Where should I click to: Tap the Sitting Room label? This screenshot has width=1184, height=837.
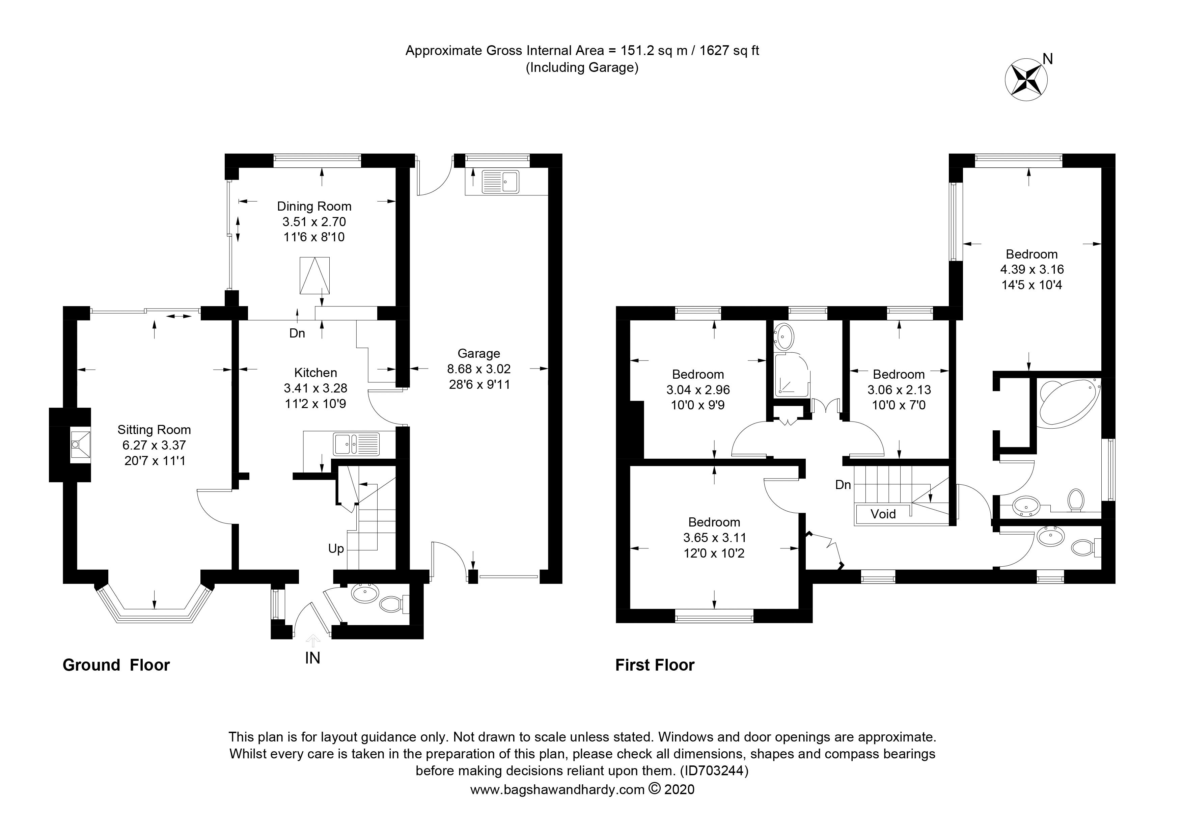click(154, 430)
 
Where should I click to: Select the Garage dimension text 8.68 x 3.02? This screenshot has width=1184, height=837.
click(479, 369)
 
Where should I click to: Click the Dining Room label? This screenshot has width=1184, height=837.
click(314, 206)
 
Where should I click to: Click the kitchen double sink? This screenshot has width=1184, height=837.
click(356, 444)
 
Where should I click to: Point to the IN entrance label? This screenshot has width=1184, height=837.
click(312, 658)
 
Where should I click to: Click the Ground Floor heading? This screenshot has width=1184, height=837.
click(116, 665)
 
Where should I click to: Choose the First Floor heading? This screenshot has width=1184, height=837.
click(655, 665)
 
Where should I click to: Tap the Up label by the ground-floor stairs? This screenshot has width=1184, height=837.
click(336, 549)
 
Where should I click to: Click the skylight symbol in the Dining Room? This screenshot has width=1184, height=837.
click(314, 276)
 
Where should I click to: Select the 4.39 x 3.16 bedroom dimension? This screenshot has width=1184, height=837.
click(1032, 269)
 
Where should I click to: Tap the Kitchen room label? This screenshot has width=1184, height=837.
click(315, 372)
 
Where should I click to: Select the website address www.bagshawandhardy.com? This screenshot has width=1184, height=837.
click(557, 789)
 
